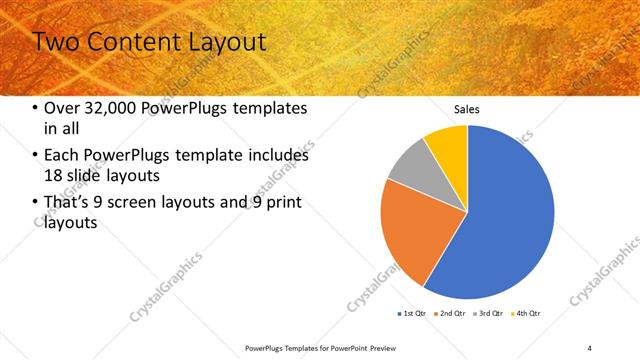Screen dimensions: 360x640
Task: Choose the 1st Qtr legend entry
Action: tap(412, 313)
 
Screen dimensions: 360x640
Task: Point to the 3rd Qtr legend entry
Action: tap(490, 313)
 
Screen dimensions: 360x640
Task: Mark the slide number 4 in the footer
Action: tap(590, 348)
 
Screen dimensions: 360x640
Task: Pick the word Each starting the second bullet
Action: tap(61, 156)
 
